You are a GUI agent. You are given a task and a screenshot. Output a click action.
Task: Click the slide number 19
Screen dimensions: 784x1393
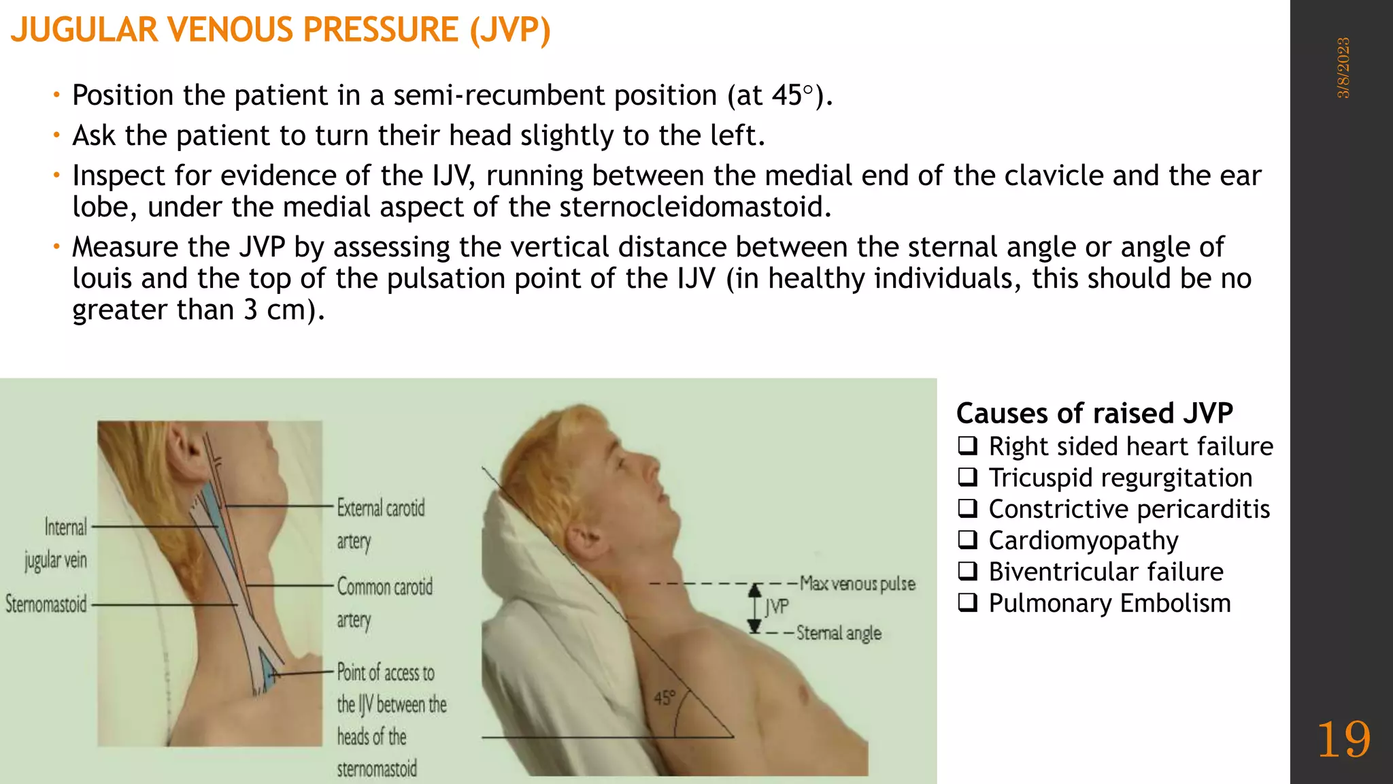click(x=1343, y=740)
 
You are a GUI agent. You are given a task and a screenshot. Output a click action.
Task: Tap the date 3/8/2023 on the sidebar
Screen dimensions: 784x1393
click(x=1343, y=68)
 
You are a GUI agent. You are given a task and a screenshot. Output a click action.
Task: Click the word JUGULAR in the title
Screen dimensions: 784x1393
click(x=84, y=30)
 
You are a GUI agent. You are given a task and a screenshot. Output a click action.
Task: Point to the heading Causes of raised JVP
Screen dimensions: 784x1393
click(x=1094, y=413)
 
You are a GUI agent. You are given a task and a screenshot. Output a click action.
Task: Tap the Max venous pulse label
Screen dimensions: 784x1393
click(x=857, y=584)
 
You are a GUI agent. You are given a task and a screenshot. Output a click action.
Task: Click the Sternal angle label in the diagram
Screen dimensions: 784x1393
click(x=839, y=633)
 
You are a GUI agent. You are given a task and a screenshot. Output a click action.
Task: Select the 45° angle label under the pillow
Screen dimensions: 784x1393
click(x=665, y=698)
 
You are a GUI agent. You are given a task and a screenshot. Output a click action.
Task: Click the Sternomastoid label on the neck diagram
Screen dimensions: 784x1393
click(x=46, y=604)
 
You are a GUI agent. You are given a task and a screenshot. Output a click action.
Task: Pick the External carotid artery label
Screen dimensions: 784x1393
click(x=380, y=524)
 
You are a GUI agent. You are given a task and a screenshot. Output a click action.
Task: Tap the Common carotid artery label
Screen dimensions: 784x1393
click(x=384, y=602)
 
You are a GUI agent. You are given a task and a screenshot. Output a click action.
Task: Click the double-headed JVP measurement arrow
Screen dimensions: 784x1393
click(x=754, y=608)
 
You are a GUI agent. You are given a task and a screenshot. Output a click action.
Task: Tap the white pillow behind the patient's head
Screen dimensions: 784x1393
click(x=537, y=585)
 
